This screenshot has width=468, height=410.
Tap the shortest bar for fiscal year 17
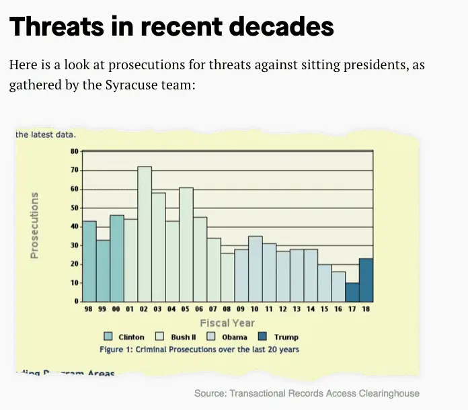pyautogui.click(x=352, y=292)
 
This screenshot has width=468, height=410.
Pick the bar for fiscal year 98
pyautogui.click(x=89, y=261)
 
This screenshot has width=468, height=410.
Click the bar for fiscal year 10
pyautogui.click(x=256, y=269)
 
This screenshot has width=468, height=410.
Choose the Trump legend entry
pyautogui.click(x=286, y=337)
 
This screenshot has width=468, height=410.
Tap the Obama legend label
pyautogui.click(x=235, y=337)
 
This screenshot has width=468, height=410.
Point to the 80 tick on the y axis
pyautogui.click(x=74, y=151)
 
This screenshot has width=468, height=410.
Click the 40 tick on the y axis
pyautogui.click(x=74, y=227)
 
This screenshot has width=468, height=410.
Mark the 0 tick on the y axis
pyautogui.click(x=76, y=302)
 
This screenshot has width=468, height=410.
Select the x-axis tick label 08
pyautogui.click(x=228, y=311)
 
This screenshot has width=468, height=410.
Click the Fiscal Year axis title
pyautogui.click(x=227, y=323)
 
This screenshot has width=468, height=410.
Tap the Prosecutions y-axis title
pyautogui.click(x=34, y=226)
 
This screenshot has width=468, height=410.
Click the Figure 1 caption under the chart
pyautogui.click(x=199, y=350)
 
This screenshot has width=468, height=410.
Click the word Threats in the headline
pyautogui.click(x=55, y=27)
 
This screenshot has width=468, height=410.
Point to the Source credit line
pyautogui.click(x=307, y=393)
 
